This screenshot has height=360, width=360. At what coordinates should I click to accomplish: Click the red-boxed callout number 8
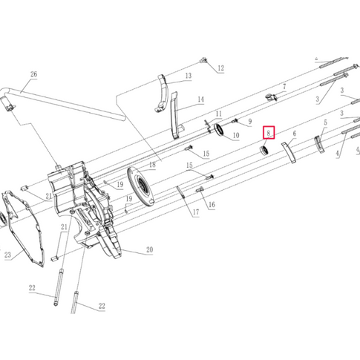point(269,133)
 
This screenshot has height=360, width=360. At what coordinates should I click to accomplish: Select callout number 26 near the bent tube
point(33,74)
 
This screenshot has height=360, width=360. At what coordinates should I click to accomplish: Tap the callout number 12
point(220,68)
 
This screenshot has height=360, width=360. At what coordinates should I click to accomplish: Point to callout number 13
point(189,76)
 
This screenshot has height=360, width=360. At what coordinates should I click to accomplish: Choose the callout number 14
point(201,99)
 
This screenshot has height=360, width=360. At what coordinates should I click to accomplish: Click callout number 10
point(236,135)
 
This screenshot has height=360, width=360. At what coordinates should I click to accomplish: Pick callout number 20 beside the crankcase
point(149,249)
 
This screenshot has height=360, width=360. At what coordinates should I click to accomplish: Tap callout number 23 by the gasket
point(8,255)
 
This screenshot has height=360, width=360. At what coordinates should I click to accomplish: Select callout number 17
point(196,212)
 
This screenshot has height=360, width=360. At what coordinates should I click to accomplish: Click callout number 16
point(212,205)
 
